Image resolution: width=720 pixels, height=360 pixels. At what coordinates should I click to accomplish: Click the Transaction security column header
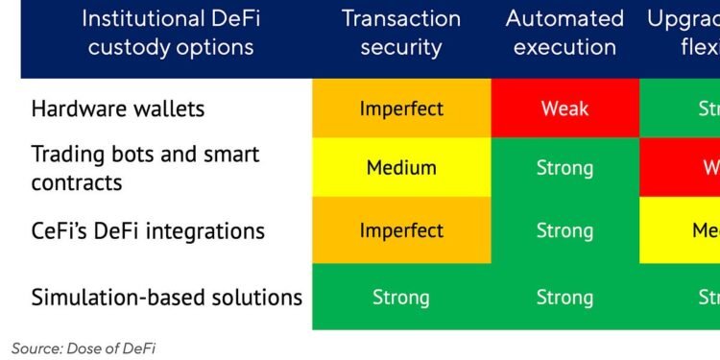pos(401,33)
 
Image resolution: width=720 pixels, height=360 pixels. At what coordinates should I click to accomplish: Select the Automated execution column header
pos(564,33)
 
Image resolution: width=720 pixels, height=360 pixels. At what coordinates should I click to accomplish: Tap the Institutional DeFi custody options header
pos(170,33)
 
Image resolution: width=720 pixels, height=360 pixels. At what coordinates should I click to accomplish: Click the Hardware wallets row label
pos(118,108)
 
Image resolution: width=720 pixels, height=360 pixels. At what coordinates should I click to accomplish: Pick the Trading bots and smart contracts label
pos(145,168)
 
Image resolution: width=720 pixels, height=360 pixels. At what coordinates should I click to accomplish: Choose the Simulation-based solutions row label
pos(167,297)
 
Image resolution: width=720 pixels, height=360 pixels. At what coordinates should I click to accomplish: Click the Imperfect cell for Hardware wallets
pos(401,108)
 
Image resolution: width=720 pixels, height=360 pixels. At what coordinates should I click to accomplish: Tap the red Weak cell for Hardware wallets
pos(564,108)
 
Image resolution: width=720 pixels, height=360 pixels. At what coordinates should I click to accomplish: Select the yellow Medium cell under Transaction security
pos(401,168)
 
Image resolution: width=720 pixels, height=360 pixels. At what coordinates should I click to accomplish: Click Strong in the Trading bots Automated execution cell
pos(564,168)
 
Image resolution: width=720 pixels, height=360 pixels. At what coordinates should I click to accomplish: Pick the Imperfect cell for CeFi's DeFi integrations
pos(401,231)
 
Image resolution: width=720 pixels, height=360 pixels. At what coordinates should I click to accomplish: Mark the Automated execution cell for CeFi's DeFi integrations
pos(564,231)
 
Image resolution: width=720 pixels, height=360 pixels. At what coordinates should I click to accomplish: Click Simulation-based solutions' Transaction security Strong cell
pos(401,297)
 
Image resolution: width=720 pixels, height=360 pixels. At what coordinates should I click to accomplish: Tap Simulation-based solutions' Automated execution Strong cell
pos(564,297)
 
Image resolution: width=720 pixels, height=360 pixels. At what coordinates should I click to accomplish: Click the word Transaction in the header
pos(401,19)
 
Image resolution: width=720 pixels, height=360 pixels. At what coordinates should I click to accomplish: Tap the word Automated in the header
pos(564,19)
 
